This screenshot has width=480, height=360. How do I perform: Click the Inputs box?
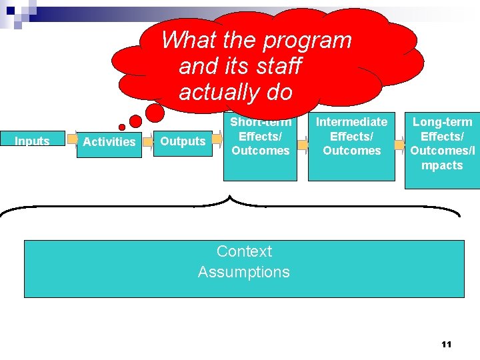32,141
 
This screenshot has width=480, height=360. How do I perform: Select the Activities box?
109,142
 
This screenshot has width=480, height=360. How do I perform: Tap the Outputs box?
183,141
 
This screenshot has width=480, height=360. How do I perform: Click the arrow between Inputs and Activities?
71,141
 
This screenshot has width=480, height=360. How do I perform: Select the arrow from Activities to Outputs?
148,141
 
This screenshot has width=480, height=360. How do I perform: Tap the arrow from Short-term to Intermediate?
303,145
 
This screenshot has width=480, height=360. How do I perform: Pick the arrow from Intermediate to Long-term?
399,144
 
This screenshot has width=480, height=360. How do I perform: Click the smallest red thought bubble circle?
122,127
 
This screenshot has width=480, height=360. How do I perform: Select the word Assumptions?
244,272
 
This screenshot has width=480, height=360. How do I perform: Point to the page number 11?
447,344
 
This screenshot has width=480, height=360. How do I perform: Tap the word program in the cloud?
307,40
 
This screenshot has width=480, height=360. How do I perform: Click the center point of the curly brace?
230,198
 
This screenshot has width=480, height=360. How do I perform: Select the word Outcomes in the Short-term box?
261,151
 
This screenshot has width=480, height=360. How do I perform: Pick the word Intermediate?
351,122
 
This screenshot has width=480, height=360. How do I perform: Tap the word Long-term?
442,122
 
